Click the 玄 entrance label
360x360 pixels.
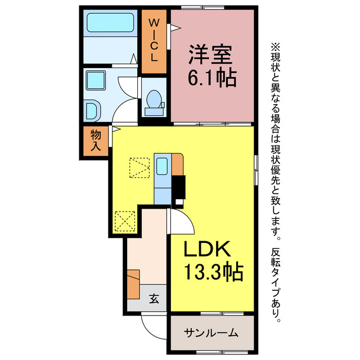pos(154,299)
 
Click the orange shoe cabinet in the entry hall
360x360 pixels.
pos(133,283)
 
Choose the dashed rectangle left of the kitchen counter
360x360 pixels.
pos(138,168)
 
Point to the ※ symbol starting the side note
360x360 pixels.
pos(275,47)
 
